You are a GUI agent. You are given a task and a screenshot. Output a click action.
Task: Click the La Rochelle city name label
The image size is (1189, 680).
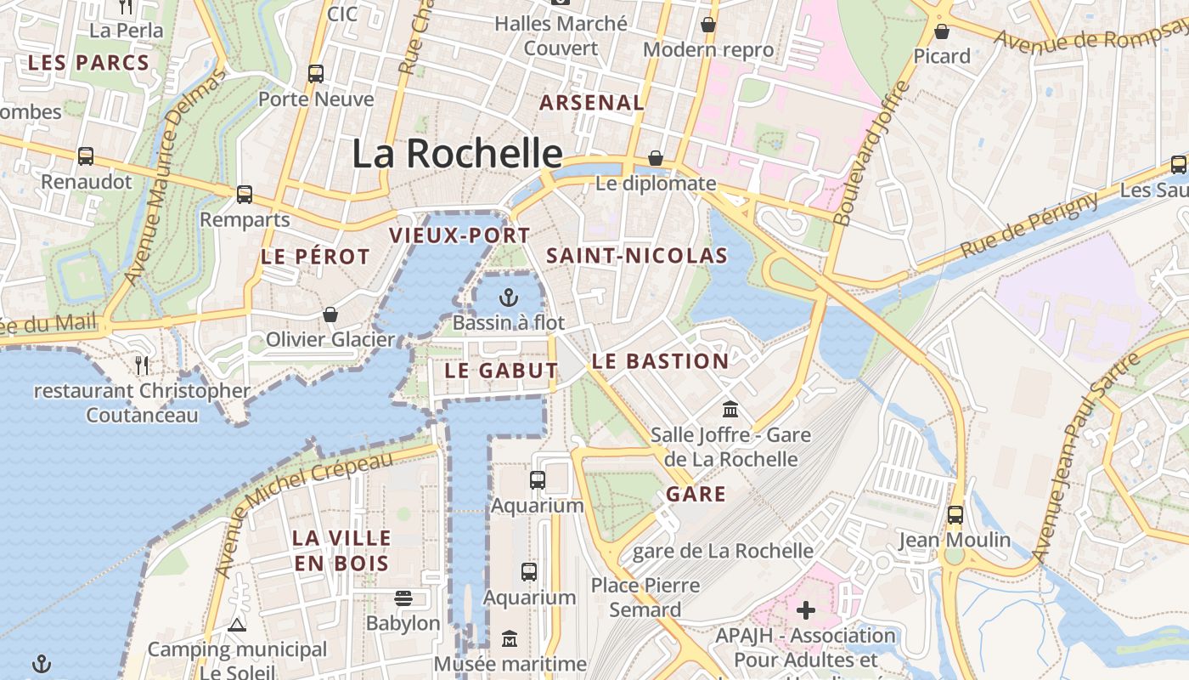pos(457,154)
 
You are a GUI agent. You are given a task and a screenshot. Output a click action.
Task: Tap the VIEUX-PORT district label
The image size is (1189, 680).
pos(459,235)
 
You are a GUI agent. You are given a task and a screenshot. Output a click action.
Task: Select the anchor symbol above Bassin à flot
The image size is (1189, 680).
pos(508,297)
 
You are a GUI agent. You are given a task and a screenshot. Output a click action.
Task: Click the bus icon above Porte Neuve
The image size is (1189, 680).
pos(316,74)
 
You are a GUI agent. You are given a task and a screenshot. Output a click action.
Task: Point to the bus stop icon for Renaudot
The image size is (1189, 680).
pos(86,156)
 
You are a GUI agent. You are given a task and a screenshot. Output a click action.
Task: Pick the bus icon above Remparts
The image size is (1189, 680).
pos(245,195)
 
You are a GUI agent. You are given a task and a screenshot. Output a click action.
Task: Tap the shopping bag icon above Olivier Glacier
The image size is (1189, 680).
pos(330,314)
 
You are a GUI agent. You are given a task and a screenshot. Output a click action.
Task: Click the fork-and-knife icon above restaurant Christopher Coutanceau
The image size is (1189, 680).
pos(142,365)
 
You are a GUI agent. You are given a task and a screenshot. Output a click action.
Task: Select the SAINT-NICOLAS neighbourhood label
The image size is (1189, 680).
pos(636,256)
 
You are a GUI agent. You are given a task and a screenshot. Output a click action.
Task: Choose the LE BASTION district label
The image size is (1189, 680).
pos(660,361)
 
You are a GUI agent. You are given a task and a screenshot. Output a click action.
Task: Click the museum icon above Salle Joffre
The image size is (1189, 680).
pos(730,410)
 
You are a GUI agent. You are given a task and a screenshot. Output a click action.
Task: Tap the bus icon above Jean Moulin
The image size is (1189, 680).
pos(955,514)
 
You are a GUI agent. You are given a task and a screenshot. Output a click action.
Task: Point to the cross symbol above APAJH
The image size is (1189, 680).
pos(806,609)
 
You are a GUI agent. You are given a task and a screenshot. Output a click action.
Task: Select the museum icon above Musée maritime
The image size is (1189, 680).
pos(510,638)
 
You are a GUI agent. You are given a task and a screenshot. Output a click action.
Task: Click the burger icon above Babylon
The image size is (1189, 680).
pos(403,598)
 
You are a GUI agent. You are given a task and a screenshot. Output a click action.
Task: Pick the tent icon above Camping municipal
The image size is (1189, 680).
pos(237,626)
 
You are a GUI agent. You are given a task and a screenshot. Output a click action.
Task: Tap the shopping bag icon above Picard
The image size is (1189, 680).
pos(942,31)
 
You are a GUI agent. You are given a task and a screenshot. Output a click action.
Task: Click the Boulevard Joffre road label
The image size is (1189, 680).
pos(872,153)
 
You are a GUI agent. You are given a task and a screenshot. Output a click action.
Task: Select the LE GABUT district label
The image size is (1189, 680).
pos(501,371)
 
